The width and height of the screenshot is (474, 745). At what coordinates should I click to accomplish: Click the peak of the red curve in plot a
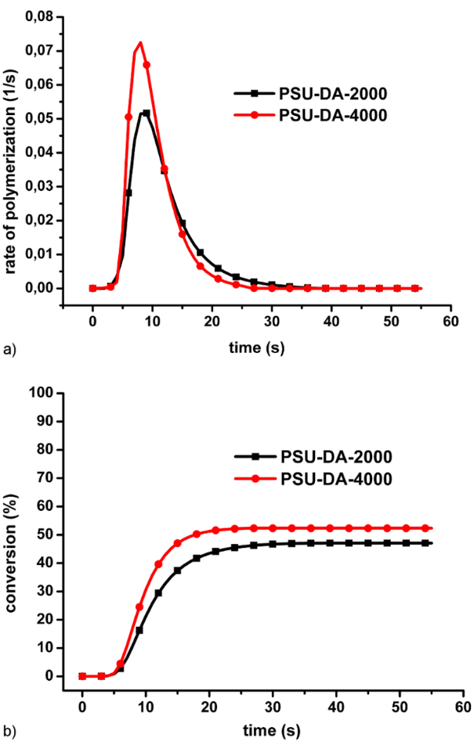click(140, 43)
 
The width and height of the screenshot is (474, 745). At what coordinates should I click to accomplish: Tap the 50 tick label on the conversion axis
click(44, 534)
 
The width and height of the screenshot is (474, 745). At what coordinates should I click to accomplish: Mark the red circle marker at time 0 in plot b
click(82, 676)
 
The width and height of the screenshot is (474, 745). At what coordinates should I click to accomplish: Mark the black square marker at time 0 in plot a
click(92, 288)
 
